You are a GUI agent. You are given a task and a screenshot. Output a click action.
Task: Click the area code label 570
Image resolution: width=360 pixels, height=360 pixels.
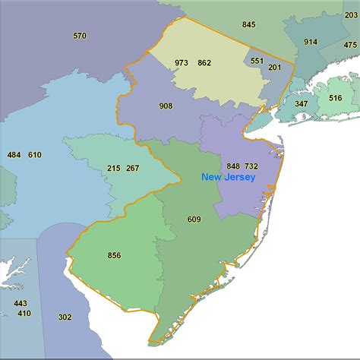coord(80,36)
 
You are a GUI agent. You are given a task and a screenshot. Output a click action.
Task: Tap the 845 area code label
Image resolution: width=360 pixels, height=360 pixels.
coord(249,24)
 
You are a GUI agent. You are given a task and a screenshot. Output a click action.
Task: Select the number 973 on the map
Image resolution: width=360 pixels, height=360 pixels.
coord(182,63)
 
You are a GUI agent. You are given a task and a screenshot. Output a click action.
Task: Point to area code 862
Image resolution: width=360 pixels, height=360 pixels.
coord(204,63)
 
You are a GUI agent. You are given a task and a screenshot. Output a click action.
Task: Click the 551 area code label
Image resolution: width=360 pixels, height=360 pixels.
coord(257,60)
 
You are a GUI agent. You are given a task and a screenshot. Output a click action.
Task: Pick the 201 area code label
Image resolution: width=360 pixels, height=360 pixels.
coord(274,68)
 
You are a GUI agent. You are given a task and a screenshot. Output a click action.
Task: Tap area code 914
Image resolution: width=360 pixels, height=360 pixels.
coord(311,42)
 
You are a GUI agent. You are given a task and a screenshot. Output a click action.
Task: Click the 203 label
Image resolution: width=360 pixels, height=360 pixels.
coord(351,14)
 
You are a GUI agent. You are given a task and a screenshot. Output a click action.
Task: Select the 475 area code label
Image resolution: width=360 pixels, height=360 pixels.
coord(350,46)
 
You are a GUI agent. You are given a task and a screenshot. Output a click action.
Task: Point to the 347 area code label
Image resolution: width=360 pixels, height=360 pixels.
coord(302,104)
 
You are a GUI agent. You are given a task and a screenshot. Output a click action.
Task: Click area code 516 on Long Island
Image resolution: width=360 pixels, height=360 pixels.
coord(336,98)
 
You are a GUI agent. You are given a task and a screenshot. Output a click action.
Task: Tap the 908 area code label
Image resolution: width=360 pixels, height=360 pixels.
coord(166,106)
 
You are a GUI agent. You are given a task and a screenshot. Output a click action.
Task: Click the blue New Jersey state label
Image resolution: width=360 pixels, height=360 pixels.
coord(228,177)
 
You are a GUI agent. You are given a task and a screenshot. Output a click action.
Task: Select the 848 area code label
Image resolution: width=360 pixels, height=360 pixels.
coord(233,166)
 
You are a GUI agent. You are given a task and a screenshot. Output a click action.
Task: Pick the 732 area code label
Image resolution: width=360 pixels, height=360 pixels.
coord(251,166)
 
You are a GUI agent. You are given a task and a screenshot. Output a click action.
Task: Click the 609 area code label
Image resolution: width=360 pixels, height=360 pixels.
coord(194,219)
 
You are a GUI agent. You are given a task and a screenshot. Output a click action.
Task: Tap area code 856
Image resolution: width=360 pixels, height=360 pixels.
coord(115,255)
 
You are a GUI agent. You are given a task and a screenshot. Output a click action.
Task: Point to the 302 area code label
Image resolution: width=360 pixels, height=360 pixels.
coord(65,317)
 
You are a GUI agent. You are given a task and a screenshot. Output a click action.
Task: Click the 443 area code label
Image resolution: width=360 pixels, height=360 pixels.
coord(21,303)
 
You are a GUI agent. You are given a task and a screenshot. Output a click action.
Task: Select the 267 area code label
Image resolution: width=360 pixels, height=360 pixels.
coord(133,168)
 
